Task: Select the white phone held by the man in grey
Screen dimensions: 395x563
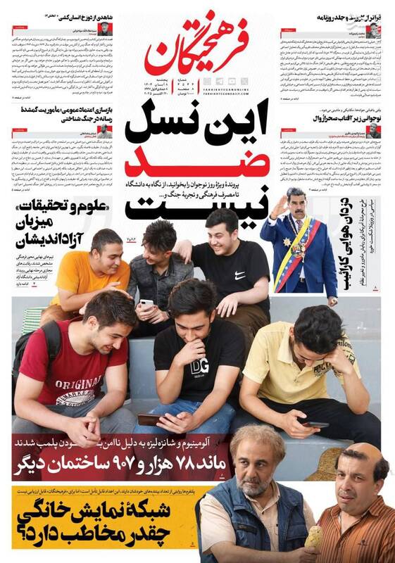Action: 147,303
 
